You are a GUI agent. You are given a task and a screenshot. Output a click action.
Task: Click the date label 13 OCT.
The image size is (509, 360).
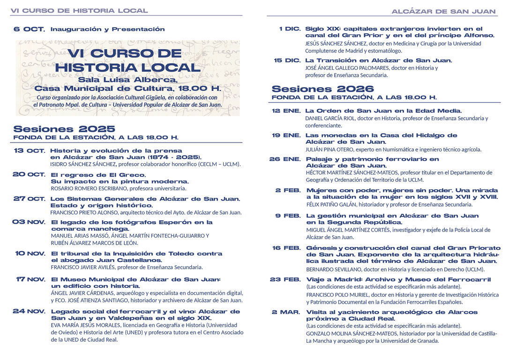[29, 151]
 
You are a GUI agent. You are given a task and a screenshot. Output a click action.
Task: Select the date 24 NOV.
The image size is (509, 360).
[29, 311]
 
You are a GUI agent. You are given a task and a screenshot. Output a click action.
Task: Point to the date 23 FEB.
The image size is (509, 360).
[285, 279]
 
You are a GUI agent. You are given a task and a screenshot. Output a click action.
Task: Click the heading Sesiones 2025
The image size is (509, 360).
[64, 129]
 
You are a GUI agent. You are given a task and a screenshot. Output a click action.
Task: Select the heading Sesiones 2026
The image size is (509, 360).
[322, 89]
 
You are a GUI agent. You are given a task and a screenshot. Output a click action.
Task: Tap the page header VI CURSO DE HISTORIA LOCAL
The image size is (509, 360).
[79, 10]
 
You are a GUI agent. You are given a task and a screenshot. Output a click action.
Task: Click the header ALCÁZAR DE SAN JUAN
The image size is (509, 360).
[443, 11]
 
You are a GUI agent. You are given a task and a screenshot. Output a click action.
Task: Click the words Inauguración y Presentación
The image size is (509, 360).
[107, 29]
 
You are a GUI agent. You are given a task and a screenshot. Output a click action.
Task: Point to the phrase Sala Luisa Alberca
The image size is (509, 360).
[127, 79]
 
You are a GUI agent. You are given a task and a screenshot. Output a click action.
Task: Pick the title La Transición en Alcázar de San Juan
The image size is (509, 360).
[379, 60]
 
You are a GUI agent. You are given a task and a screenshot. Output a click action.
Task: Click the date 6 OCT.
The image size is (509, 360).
[29, 29]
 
